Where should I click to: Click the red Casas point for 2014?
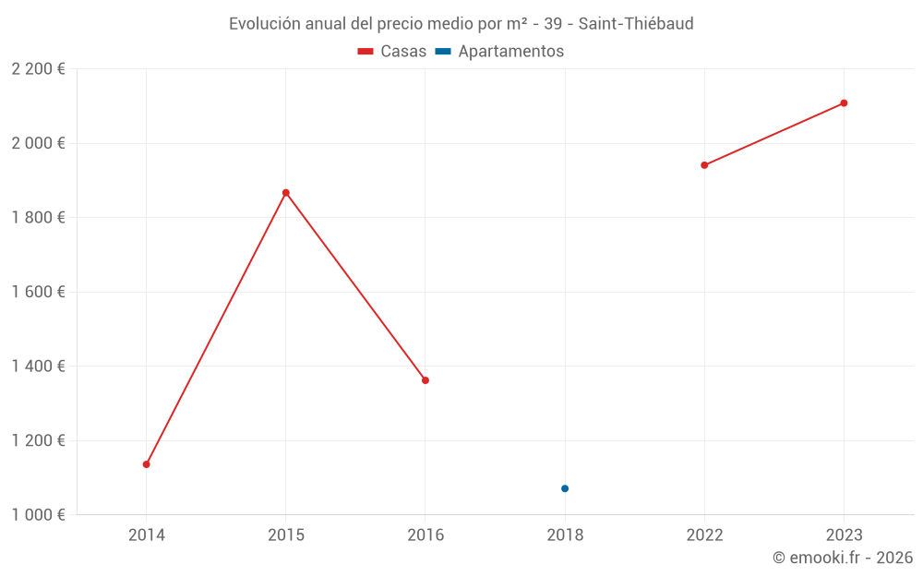coord(146,464)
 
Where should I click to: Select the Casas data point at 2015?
coord(286,193)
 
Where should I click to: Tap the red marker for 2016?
coord(426,380)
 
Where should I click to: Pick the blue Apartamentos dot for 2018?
coord(565,488)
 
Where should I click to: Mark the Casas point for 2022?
coord(704,165)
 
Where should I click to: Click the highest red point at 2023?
coord(844,103)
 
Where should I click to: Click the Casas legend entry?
coord(392,52)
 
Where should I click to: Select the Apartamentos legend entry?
coord(499,52)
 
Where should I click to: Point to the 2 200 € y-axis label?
coord(38,69)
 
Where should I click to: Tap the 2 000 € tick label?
coord(38,143)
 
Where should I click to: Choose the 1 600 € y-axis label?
coord(38,292)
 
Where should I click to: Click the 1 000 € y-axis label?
coord(38,514)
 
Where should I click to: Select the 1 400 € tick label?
coord(38,367)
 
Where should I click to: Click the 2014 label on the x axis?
coord(146,535)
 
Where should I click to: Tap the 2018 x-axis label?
coord(565,535)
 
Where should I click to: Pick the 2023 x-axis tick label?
coord(844,535)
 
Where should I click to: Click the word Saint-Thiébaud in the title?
coord(636,24)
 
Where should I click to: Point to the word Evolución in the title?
coord(264,24)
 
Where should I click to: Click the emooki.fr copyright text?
coord(843,558)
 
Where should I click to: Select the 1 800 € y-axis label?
coord(38,218)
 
